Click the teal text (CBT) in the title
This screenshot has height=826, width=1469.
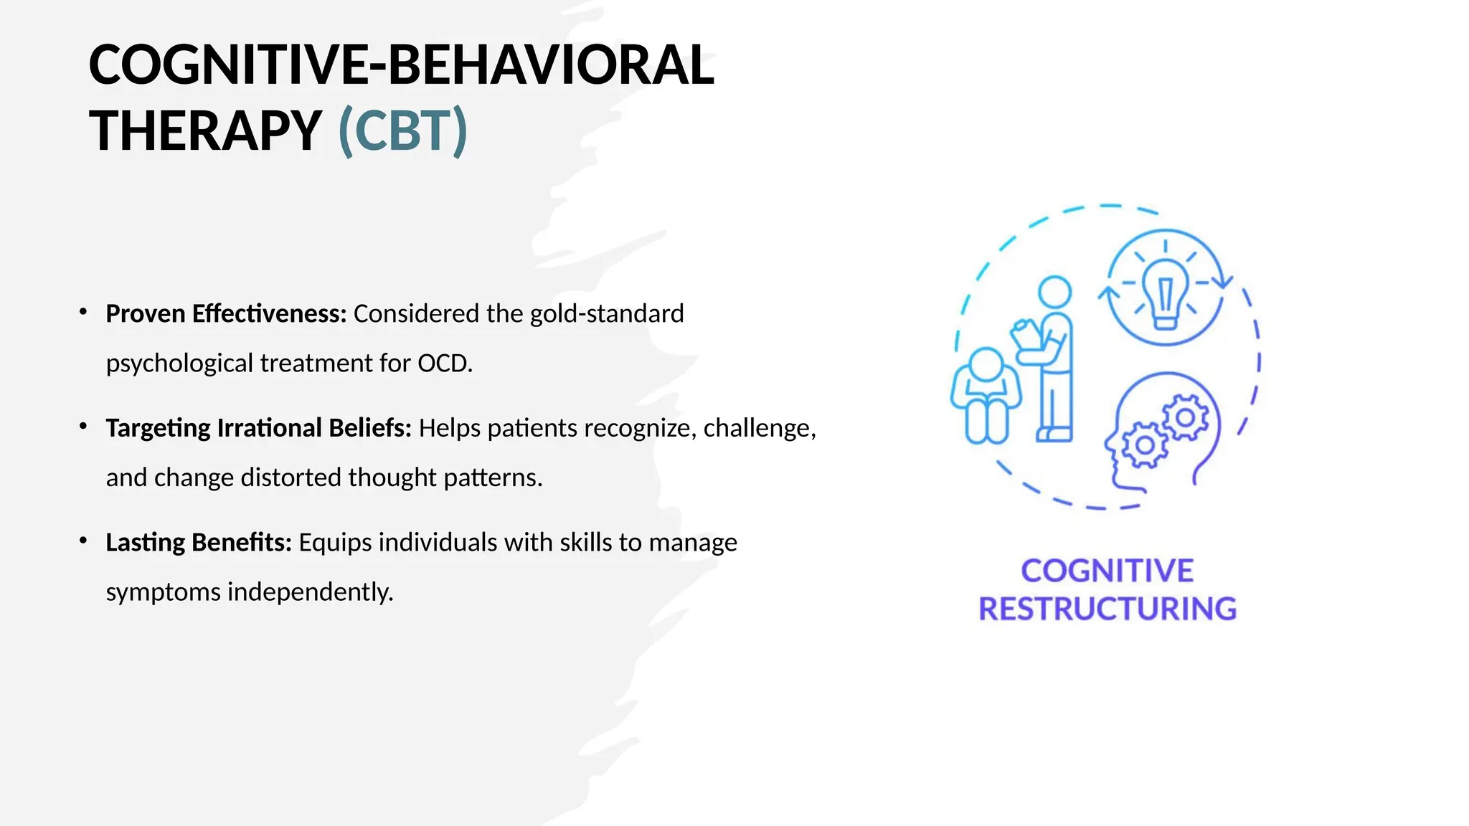tap(403, 130)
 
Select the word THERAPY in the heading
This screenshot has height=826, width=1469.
tap(205, 130)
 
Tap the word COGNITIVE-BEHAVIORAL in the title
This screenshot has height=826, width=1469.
tap(401, 65)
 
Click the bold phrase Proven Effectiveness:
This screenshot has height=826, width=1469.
tap(226, 314)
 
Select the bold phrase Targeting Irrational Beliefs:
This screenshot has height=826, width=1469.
tap(258, 428)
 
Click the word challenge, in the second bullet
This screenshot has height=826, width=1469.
tap(759, 428)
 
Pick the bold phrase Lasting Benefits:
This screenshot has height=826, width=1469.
tap(199, 543)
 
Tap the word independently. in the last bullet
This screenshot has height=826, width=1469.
tap(310, 592)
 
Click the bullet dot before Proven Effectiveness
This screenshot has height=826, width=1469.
tap(83, 312)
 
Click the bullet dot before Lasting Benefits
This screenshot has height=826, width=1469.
tap(83, 541)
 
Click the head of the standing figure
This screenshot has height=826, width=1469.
tap(1054, 292)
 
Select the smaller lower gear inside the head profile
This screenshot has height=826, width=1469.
tap(1145, 445)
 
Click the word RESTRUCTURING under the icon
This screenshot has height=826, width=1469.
tap(1107, 609)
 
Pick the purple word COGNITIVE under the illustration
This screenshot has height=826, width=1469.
tap(1107, 571)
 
